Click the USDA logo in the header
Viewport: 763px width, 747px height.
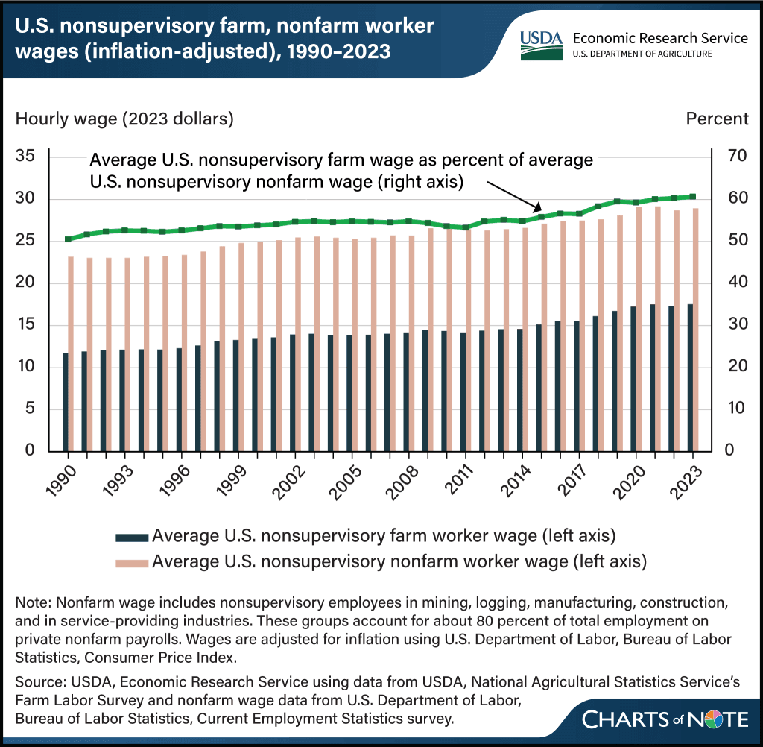[x=541, y=45]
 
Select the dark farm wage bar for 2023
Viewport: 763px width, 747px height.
[x=690, y=378]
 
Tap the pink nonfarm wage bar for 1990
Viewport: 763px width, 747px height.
[x=71, y=354]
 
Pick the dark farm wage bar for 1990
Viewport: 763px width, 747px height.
[x=66, y=403]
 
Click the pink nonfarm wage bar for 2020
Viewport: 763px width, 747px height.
[x=639, y=330]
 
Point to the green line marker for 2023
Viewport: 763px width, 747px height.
[x=693, y=197]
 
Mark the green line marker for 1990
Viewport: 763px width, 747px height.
[x=68, y=239]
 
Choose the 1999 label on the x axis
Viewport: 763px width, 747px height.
[x=232, y=482]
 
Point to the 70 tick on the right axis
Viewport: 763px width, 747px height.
[x=737, y=156]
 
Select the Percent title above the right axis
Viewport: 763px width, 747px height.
[x=717, y=119]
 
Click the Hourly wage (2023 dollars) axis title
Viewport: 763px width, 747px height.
[x=124, y=119]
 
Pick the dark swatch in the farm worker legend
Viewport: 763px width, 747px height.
[x=132, y=538]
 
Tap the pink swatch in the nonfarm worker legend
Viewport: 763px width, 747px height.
[x=132, y=564]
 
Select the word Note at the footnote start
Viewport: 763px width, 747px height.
[x=33, y=602]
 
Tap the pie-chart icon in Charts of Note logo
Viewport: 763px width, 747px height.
[x=712, y=719]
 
